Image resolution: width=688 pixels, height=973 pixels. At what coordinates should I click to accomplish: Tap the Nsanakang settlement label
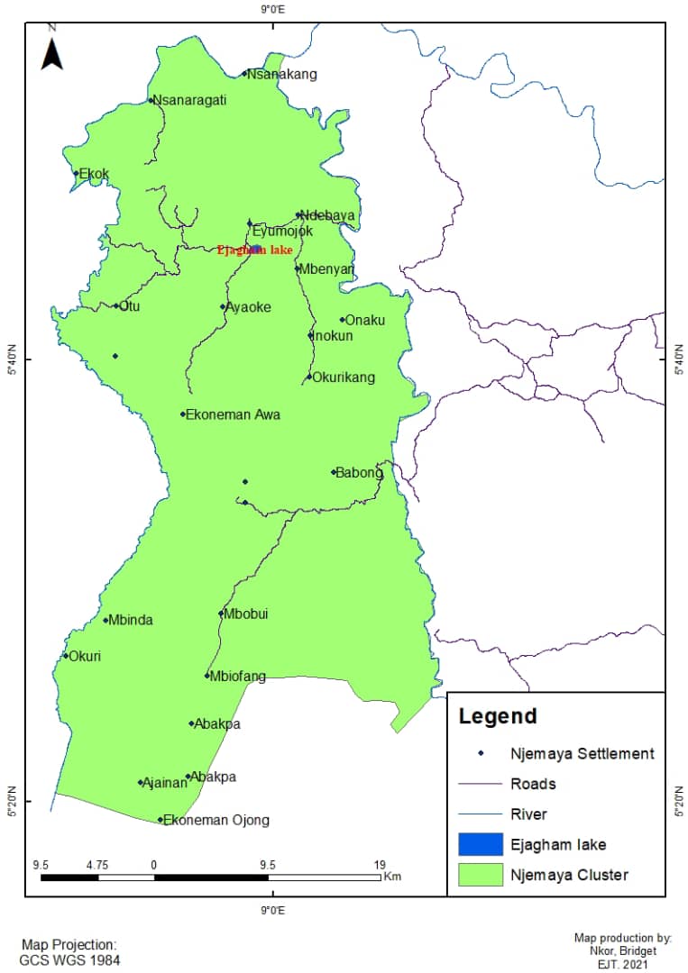pos(282,74)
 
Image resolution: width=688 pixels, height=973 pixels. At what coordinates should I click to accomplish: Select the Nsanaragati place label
pos(189,100)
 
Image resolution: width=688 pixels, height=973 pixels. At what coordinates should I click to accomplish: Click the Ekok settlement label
pos(94,174)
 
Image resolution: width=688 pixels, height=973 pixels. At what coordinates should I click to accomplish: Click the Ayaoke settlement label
pos(248,307)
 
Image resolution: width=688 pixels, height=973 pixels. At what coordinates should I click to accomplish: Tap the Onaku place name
pos(365,320)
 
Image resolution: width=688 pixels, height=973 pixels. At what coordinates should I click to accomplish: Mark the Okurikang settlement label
pos(344,377)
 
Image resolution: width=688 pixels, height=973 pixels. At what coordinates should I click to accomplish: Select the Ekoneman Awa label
pos(233,415)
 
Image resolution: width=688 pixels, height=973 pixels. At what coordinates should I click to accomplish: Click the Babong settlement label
pos(359,472)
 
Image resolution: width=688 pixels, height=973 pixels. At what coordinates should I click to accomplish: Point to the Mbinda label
pos(131,620)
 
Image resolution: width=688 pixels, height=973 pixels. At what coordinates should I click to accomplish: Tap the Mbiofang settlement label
pos(237,677)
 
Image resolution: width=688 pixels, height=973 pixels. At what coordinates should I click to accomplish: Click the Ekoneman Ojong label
pos(216,821)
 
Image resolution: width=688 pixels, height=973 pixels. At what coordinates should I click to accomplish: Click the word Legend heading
pos(497,716)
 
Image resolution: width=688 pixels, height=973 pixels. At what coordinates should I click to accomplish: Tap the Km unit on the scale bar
pos(391,876)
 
